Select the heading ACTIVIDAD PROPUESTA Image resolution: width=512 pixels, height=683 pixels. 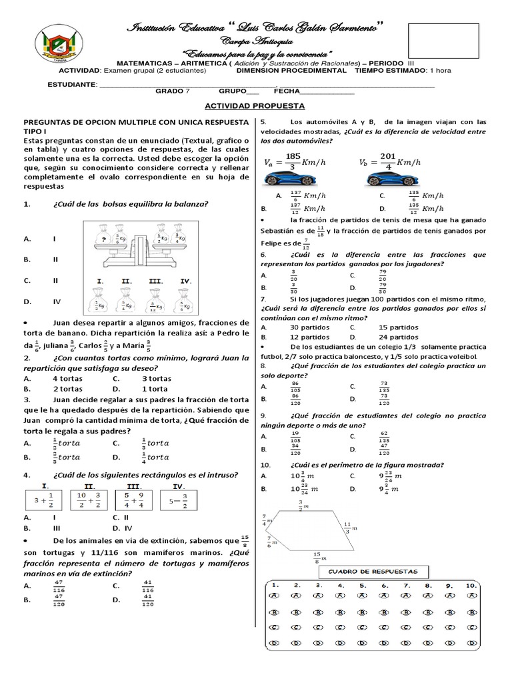255,106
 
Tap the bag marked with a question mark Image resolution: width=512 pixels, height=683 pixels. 103,238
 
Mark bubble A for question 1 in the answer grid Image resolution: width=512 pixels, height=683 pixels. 274,596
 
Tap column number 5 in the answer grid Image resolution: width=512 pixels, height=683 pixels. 363,585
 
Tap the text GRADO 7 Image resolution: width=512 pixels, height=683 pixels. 173,92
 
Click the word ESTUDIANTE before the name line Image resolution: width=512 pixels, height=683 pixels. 71,85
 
